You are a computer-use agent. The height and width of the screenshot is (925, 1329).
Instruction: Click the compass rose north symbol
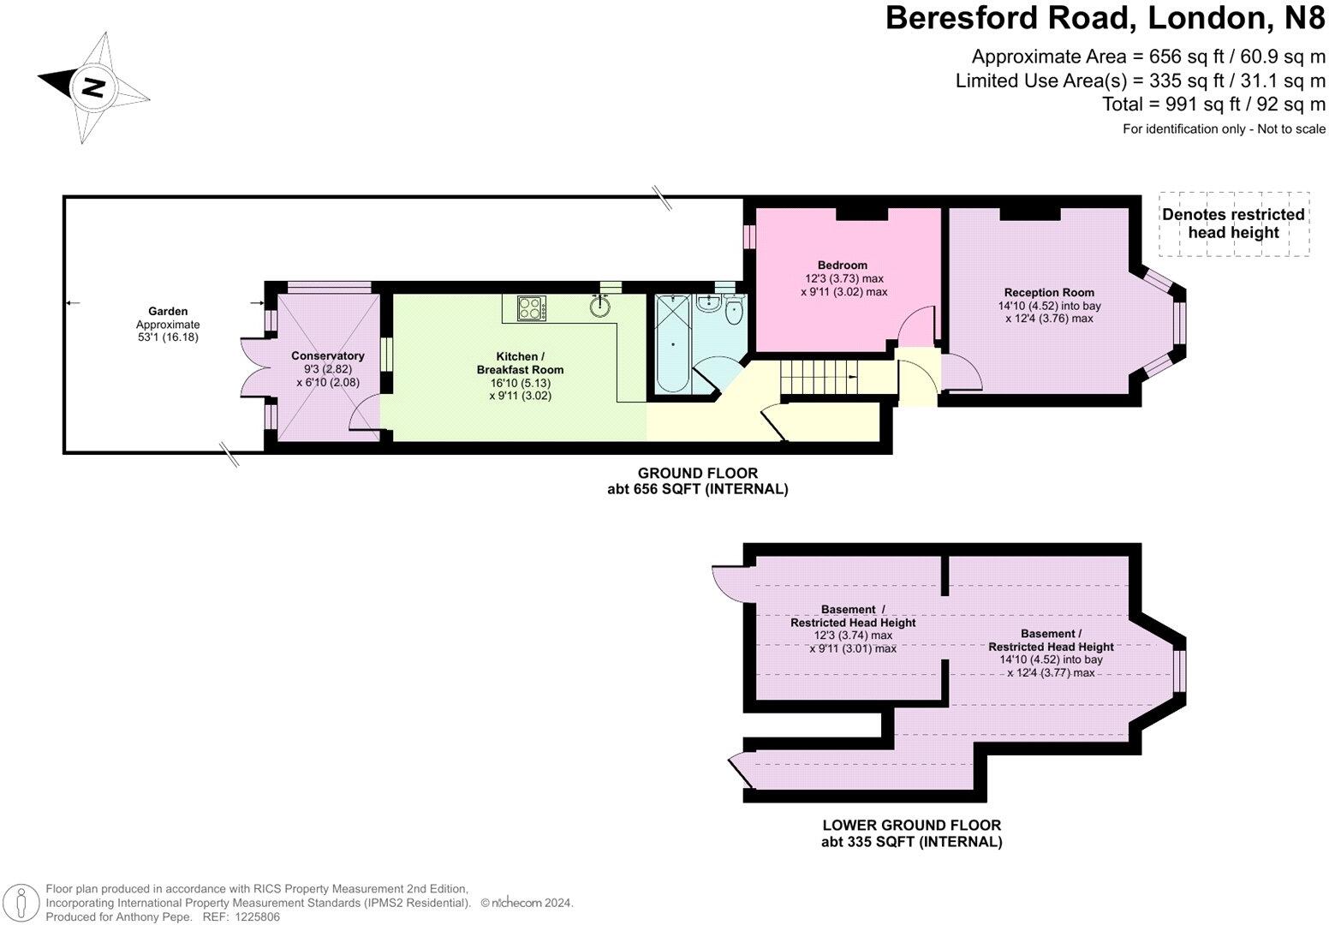(x=92, y=87)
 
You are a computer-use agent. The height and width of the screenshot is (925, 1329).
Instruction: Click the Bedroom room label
(x=843, y=265)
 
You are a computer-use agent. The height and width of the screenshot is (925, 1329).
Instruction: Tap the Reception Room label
(x=1049, y=292)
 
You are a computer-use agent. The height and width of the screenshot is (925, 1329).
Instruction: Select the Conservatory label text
(x=327, y=355)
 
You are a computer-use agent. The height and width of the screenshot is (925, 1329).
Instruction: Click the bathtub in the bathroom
(x=672, y=344)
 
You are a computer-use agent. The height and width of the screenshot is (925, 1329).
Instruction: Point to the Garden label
(x=167, y=311)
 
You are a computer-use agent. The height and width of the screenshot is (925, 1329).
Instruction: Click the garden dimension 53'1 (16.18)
(x=167, y=337)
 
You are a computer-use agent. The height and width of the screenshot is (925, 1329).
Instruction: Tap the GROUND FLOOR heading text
(x=697, y=473)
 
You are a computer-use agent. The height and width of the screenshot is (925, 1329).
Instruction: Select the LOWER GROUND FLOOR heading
(x=911, y=826)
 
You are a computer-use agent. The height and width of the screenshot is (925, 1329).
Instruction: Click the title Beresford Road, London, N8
(x=1105, y=18)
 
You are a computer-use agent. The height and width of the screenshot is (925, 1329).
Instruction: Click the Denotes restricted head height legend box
(x=1233, y=224)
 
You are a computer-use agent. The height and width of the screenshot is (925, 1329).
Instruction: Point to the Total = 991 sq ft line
(x=1213, y=104)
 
